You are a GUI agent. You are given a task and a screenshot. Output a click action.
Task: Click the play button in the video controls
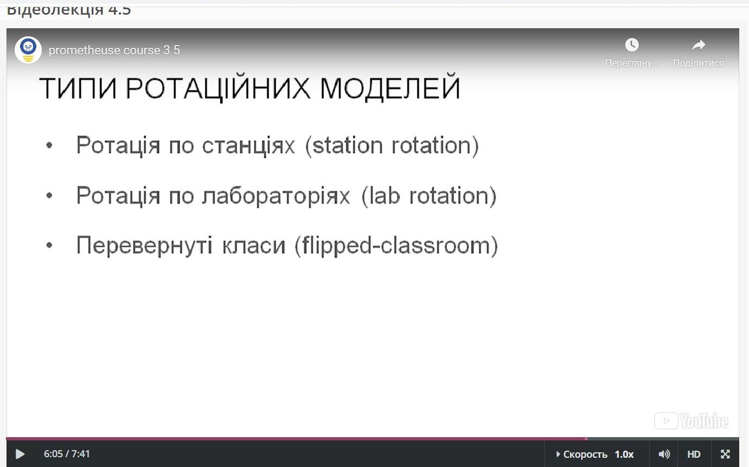click(x=20, y=454)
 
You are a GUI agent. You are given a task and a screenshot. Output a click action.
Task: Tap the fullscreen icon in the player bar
click(x=725, y=454)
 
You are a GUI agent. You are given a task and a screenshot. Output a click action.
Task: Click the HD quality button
click(x=694, y=454)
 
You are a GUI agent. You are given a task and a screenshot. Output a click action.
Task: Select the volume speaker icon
click(x=664, y=454)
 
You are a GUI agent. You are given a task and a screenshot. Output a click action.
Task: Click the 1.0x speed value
click(x=624, y=455)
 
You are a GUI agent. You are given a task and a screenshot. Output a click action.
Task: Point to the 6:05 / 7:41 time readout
click(x=67, y=453)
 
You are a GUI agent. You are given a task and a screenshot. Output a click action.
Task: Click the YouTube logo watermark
click(x=691, y=421)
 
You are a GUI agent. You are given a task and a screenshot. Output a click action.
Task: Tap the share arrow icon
click(x=699, y=45)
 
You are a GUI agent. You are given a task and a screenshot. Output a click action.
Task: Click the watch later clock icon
click(x=632, y=45)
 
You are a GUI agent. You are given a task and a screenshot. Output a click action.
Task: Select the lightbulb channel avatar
click(x=28, y=50)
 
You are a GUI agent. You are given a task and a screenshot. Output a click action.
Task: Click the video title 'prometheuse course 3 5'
click(x=115, y=50)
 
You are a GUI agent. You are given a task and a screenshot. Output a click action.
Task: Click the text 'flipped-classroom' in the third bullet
click(x=396, y=246)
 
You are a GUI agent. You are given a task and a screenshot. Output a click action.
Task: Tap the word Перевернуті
click(x=144, y=246)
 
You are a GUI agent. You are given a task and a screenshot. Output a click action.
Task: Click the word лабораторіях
click(x=276, y=197)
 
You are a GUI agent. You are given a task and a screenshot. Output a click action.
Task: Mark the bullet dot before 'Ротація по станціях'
click(x=49, y=145)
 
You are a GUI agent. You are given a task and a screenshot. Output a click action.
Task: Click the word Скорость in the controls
click(x=585, y=455)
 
